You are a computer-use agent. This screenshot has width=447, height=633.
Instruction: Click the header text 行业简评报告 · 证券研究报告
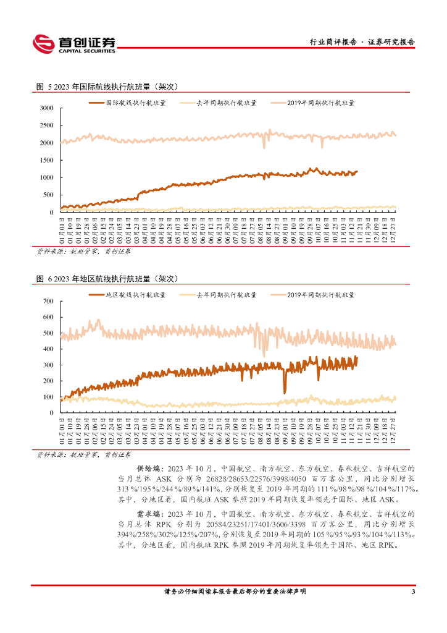(x=361, y=43)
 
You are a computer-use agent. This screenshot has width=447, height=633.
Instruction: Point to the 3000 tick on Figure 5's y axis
(x=47, y=108)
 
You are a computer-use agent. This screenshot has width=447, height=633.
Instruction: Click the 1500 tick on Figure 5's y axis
(x=47, y=160)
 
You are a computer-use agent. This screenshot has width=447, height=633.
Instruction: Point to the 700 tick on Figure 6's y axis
(x=49, y=301)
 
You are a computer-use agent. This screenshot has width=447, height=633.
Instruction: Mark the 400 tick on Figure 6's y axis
(x=49, y=349)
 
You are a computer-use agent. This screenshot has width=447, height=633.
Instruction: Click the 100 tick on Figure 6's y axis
(x=49, y=396)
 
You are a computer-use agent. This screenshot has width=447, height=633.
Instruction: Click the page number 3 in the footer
(x=412, y=592)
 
